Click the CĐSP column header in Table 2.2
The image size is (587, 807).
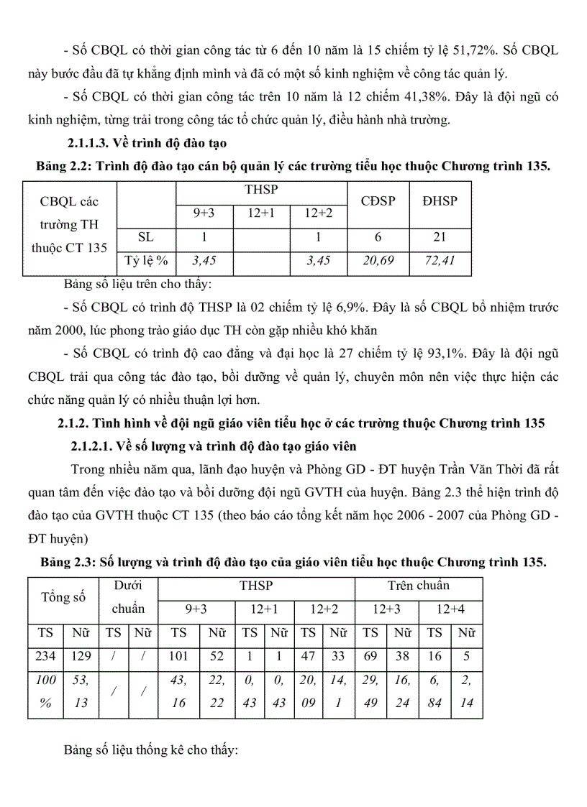click(x=378, y=200)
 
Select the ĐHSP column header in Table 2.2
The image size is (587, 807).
click(x=440, y=200)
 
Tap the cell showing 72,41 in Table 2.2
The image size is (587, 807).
click(x=440, y=260)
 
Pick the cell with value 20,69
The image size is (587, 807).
click(x=378, y=260)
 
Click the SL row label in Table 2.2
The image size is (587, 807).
click(x=146, y=236)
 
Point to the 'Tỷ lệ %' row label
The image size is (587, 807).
click(x=146, y=260)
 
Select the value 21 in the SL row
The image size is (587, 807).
click(x=440, y=236)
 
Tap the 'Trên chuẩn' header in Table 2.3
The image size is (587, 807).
click(x=418, y=586)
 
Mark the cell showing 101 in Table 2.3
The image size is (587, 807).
click(x=178, y=656)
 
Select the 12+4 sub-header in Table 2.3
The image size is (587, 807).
click(x=450, y=609)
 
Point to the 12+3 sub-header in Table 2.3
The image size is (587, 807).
click(x=386, y=609)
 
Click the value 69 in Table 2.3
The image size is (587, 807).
click(x=370, y=656)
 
